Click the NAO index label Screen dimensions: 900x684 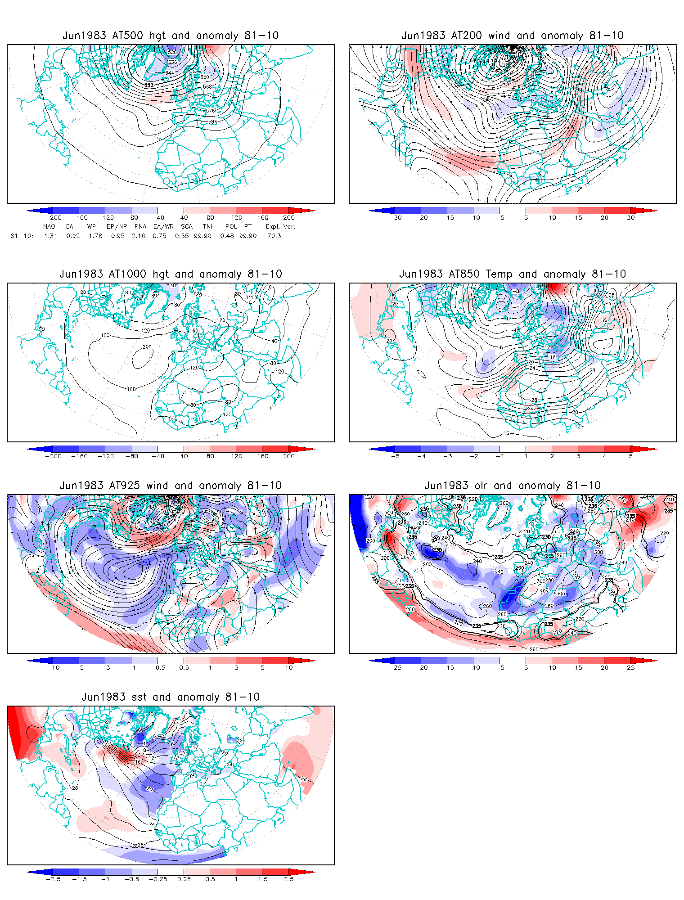coord(49,226)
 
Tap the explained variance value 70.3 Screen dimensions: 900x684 coord(274,236)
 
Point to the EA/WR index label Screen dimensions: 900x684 coord(163,226)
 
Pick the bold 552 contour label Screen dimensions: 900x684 coord(149,85)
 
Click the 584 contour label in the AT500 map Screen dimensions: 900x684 coord(212,122)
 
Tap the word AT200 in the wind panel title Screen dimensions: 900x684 coord(466,36)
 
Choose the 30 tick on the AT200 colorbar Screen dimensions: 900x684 coord(631,218)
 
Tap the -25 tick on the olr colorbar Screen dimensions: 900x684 coord(395,668)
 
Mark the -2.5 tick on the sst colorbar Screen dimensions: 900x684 coord(53,879)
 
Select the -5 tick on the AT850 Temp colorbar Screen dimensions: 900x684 coord(395,456)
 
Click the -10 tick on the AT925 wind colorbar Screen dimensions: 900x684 coord(53,668)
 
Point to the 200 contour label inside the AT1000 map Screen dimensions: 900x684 coord(147,347)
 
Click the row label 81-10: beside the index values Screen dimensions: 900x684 coord(22,236)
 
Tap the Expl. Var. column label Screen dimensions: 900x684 coord(280,226)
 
